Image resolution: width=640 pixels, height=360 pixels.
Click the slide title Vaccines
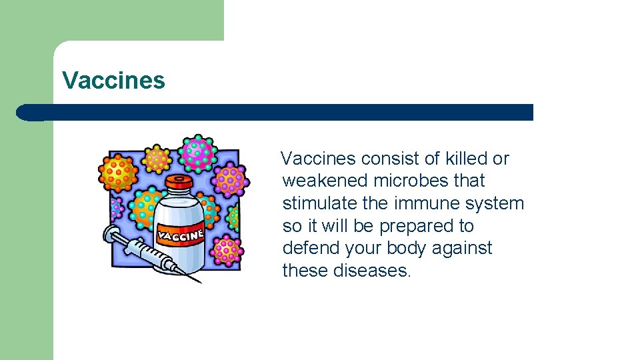pyautogui.click(x=113, y=81)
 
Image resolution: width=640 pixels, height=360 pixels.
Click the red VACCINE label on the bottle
pyautogui.click(x=181, y=234)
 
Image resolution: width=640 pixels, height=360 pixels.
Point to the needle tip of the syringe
pyautogui.click(x=199, y=282)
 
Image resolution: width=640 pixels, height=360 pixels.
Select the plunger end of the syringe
pyautogui.click(x=109, y=234)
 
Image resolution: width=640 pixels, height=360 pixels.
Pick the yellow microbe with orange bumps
pyautogui.click(x=157, y=159)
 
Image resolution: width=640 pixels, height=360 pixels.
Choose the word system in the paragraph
pyautogui.click(x=496, y=203)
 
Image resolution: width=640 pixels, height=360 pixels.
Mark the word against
pyautogui.click(x=462, y=248)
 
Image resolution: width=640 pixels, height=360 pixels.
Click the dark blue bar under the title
pyautogui.click(x=280, y=112)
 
